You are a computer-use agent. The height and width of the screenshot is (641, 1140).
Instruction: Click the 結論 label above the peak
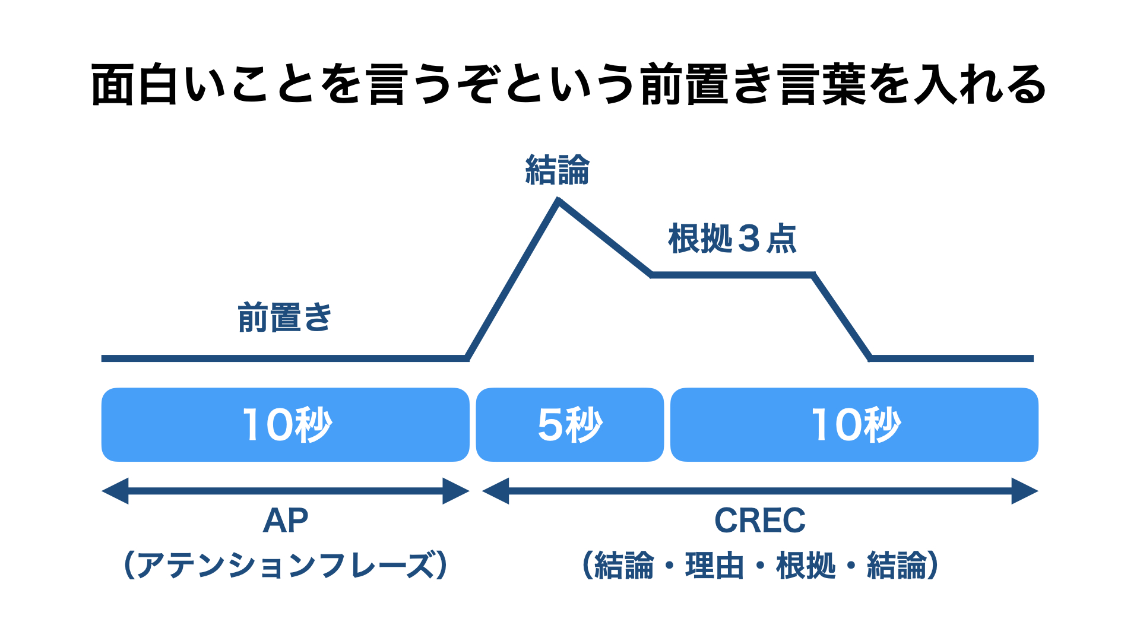tap(557, 170)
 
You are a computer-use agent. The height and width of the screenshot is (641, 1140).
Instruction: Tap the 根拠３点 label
tap(732, 239)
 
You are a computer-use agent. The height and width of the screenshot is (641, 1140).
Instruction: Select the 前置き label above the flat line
tap(284, 317)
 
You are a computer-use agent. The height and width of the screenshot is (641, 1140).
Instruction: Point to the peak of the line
tap(558, 201)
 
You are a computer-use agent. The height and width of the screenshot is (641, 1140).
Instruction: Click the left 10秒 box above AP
tap(285, 424)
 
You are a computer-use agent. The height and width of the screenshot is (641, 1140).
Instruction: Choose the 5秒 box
tap(570, 424)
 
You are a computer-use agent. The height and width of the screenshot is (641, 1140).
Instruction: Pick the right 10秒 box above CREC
tap(854, 424)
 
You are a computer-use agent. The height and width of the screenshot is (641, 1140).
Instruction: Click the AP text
tap(286, 521)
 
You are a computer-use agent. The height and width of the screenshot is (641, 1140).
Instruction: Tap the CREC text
tap(760, 521)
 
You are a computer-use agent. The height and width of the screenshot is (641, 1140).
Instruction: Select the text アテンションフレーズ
tap(286, 565)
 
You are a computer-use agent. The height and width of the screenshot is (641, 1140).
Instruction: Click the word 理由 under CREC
tap(715, 565)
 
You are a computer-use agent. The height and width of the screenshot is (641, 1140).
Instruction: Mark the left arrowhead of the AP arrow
tap(115, 491)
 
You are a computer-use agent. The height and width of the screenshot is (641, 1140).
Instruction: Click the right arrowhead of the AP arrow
tap(456, 491)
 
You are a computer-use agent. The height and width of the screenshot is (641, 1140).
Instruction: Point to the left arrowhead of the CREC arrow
tap(496, 491)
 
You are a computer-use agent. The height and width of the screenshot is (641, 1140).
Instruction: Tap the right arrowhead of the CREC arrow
tap(1025, 491)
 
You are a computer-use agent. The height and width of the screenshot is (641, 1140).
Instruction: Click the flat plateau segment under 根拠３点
tap(733, 275)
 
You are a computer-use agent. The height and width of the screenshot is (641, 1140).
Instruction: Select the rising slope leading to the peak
tap(512, 280)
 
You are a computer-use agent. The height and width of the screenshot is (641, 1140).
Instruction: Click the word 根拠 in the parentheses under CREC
tap(806, 565)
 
